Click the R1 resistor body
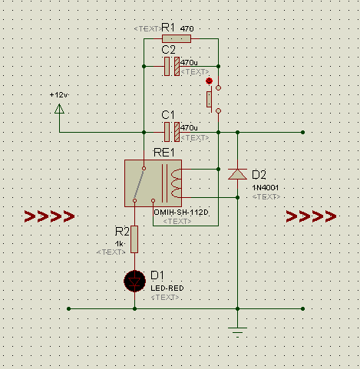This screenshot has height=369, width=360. pos(177,39)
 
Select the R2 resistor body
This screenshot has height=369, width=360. pos(134,239)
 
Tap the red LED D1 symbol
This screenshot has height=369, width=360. pos(135,282)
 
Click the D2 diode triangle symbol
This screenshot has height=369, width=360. pos(237,174)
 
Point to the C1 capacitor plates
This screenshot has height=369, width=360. pos(172,132)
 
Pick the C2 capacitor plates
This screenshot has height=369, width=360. pos(172,66)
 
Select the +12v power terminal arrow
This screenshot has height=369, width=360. pos(59,108)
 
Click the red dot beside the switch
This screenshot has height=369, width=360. pos(209,81)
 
